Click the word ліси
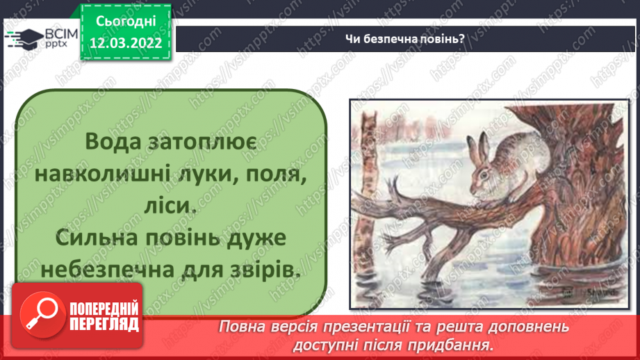coord(170,207)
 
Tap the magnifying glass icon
coord(39,312)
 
